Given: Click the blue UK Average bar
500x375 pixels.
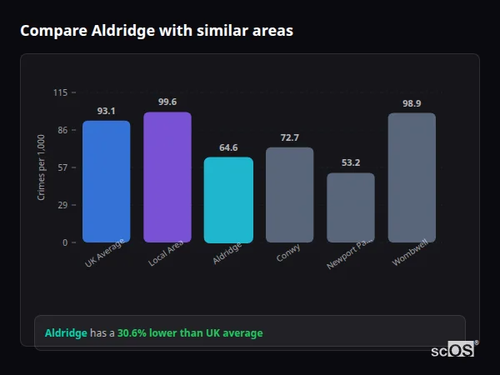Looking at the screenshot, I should click(106, 182).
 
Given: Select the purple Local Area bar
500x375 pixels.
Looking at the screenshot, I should click(167, 177).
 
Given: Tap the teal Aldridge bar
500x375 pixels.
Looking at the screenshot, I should click(228, 200).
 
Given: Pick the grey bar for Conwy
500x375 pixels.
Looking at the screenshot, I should click(289, 195).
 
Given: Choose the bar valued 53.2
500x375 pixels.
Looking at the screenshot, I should click(351, 207).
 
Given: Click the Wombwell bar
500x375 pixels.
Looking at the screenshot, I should click(412, 177).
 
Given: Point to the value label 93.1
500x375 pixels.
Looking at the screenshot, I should click(106, 111).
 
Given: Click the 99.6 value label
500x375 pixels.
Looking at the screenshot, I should click(167, 102).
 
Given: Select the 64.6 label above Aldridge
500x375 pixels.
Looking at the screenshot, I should click(228, 147).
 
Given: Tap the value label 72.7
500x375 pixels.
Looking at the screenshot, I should click(289, 137).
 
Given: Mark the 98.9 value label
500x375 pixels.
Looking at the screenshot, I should click(412, 103).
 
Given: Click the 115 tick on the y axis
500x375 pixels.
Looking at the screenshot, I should click(60, 92).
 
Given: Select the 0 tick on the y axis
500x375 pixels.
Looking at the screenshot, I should click(65, 242).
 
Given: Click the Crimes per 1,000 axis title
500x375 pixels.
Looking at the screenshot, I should click(42, 167).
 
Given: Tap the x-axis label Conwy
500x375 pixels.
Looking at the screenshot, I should click(288, 253).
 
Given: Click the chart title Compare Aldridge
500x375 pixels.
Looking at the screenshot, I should click(157, 31).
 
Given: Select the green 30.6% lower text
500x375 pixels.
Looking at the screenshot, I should click(190, 333).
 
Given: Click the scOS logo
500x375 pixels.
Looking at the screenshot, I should click(453, 350).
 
